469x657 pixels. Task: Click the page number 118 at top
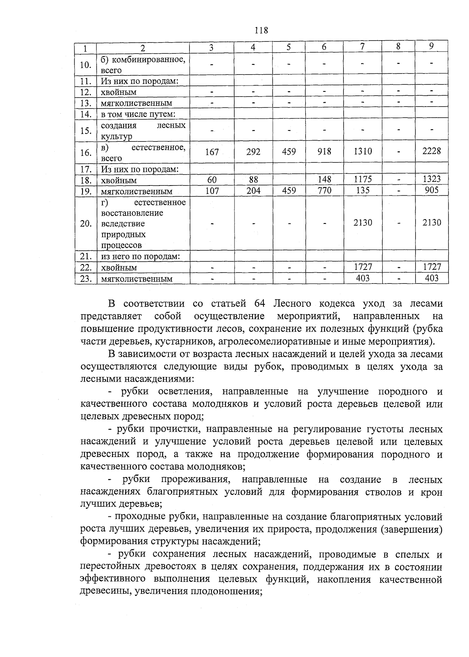pyautogui.click(x=261, y=30)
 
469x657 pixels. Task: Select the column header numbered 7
pyautogui.click(x=363, y=46)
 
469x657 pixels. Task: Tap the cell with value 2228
pyautogui.click(x=431, y=151)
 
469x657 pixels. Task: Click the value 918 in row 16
pyautogui.click(x=324, y=152)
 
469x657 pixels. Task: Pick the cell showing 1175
pyautogui.click(x=363, y=179)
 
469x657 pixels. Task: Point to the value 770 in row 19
pyautogui.click(x=324, y=191)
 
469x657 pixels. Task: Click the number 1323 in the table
pyautogui.click(x=431, y=179)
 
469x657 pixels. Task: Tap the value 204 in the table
pyautogui.click(x=253, y=191)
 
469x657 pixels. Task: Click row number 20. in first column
pyautogui.click(x=86, y=224)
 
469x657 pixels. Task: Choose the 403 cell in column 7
pyautogui.click(x=363, y=278)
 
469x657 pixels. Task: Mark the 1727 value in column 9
pyautogui.click(x=431, y=267)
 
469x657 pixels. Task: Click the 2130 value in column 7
pyautogui.click(x=363, y=223)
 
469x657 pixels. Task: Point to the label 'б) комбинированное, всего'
pyautogui.click(x=143, y=65)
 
